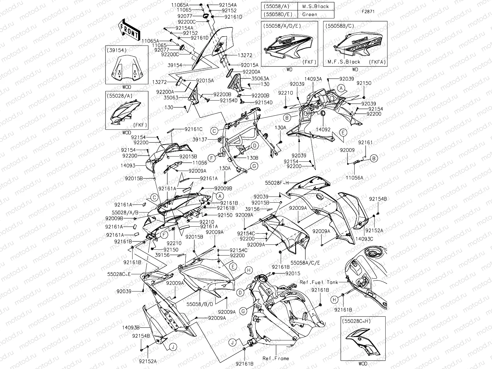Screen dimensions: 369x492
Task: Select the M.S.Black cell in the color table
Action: [x=315, y=6]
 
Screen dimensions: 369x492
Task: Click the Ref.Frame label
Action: [x=276, y=358]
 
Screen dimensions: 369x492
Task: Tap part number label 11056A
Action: [x=354, y=178]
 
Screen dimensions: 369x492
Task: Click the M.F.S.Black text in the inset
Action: [x=343, y=62]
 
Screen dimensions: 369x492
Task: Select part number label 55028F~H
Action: [x=277, y=183]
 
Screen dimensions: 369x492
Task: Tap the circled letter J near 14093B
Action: [x=173, y=347]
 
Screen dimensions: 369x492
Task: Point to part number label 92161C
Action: [x=193, y=129]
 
